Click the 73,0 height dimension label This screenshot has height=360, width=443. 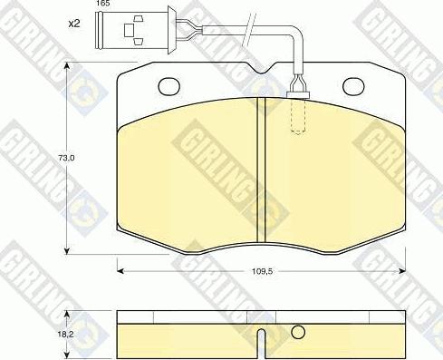[x=65, y=158]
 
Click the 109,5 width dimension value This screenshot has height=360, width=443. [x=262, y=271]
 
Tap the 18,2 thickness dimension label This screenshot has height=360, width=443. [x=64, y=335]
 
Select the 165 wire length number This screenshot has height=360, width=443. [x=103, y=4]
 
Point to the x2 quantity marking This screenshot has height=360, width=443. [x=74, y=24]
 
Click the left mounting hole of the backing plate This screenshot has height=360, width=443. [x=169, y=85]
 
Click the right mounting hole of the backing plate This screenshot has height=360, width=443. [x=353, y=85]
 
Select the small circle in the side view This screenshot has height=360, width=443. [x=298, y=332]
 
